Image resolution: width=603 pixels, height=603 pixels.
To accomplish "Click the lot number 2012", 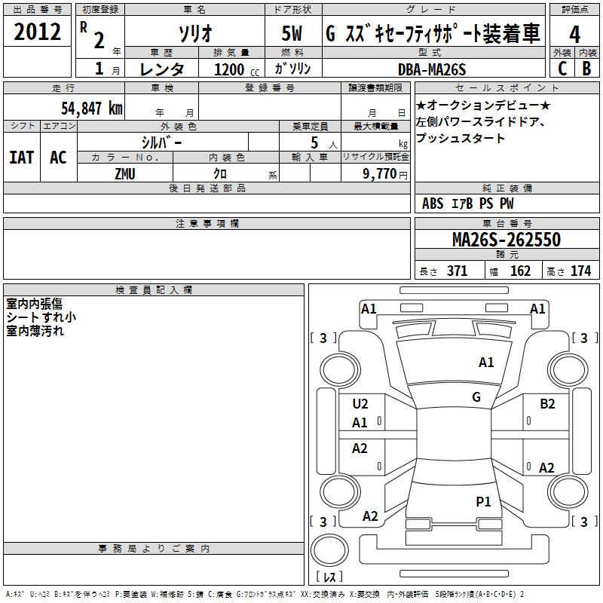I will [x=38, y=32].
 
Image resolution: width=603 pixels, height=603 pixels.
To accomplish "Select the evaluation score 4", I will [x=574, y=34].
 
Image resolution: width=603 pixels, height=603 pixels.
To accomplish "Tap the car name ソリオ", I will [x=194, y=34].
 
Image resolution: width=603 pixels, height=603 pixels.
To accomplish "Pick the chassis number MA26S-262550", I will [x=506, y=240].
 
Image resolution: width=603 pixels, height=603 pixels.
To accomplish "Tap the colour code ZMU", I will [x=125, y=173].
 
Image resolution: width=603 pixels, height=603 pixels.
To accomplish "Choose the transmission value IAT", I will [x=21, y=157].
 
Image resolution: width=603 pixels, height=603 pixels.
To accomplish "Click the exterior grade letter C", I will [x=562, y=68].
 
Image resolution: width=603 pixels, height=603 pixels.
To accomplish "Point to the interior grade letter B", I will [x=586, y=68].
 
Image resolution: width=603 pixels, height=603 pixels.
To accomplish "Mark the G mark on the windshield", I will [x=476, y=396].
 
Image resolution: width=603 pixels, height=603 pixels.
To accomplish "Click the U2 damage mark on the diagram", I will [x=360, y=404].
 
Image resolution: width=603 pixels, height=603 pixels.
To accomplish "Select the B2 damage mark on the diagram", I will [x=547, y=404].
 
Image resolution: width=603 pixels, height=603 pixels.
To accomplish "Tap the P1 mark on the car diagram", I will [x=483, y=501].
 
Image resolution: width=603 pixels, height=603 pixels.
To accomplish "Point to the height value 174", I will [x=580, y=271].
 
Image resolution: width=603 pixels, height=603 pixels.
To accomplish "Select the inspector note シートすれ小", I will [x=41, y=317].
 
